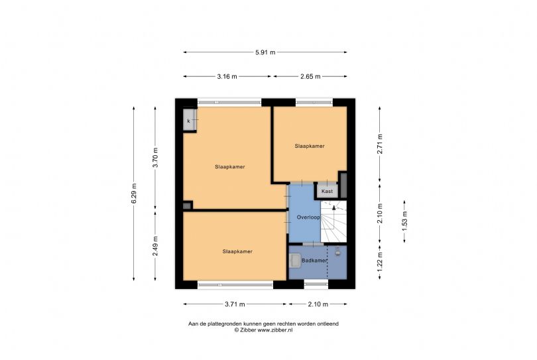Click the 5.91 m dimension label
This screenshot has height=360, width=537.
click(x=265, y=52)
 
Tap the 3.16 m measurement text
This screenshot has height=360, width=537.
click(x=227, y=76)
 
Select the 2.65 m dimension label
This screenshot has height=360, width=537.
click(x=310, y=76)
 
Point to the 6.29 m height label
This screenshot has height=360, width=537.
click(x=134, y=193)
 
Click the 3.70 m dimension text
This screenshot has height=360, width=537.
click(x=156, y=158)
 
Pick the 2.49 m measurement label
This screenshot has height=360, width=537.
click(x=156, y=246)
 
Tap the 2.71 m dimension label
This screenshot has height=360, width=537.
click(x=380, y=144)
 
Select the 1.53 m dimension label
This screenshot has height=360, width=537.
click(x=404, y=221)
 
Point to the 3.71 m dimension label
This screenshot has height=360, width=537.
click(x=235, y=304)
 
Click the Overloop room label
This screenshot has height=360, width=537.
click(x=308, y=217)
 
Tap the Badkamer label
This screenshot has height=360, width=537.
click(x=314, y=261)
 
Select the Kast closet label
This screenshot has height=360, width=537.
click(x=327, y=191)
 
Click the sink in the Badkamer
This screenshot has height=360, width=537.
click(x=295, y=261)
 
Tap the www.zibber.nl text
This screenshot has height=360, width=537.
click(x=275, y=330)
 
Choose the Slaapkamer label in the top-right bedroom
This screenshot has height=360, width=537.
click(x=310, y=146)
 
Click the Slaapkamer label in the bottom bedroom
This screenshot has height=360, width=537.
click(x=237, y=251)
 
